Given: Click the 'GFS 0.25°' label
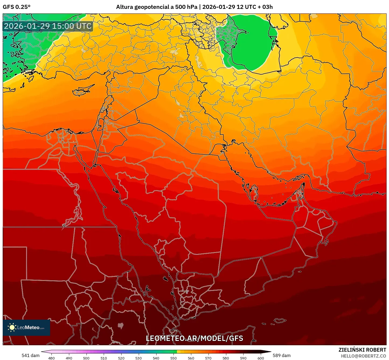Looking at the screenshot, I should [16, 7].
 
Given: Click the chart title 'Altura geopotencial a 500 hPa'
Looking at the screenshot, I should [157, 7].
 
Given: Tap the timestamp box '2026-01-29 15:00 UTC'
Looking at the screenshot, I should [48, 26].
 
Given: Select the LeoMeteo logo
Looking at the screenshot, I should [26, 327].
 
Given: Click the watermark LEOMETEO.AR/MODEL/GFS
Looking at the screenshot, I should [194, 338].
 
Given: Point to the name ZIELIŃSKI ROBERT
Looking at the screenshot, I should [362, 350].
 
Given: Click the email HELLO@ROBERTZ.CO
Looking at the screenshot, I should [363, 356].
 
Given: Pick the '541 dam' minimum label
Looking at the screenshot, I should [30, 355].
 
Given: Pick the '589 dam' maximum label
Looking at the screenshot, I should [282, 355].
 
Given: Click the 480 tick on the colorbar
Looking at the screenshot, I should [51, 358].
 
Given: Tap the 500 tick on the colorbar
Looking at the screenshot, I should [86, 358].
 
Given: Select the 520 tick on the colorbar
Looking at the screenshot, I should [121, 358].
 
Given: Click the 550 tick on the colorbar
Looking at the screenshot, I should [173, 358].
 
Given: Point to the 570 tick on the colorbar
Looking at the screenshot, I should [208, 358].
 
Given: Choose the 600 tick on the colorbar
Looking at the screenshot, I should [261, 358].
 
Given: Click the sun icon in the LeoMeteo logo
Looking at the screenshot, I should [12, 327].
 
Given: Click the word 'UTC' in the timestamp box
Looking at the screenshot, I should [84, 26].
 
